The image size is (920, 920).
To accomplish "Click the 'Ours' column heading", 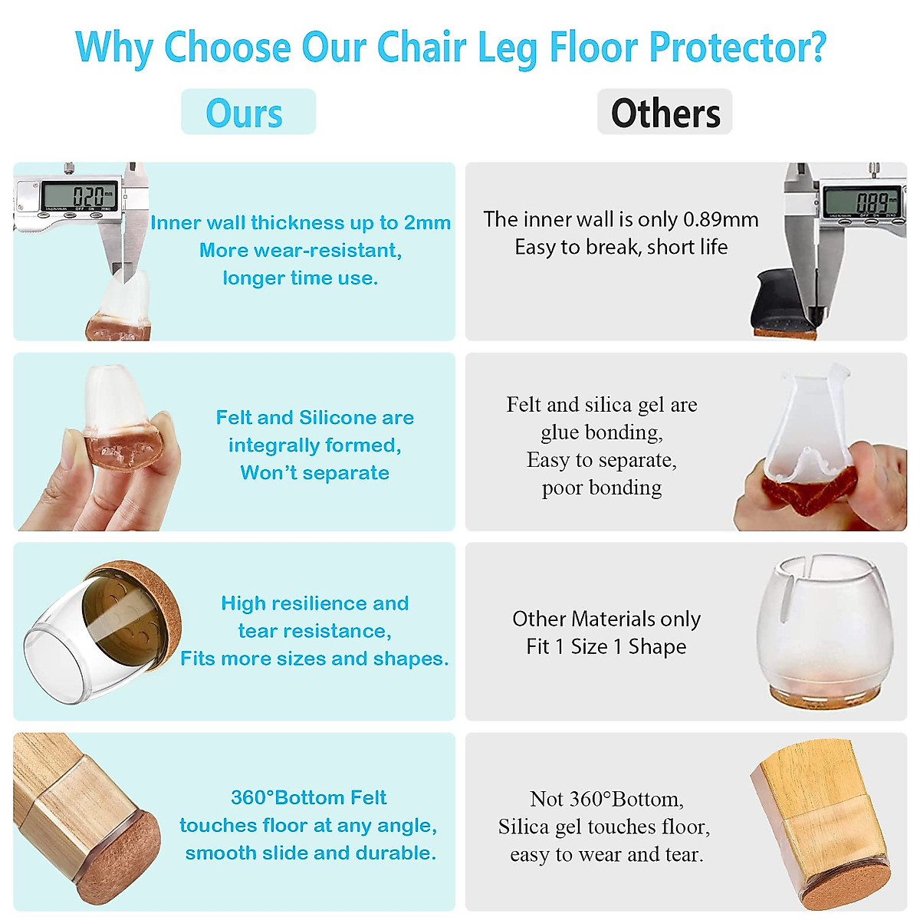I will (245, 113).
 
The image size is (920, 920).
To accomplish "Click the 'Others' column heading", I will (665, 113).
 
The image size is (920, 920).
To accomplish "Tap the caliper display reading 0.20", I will (80, 195).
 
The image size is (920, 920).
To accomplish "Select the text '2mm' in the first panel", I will (427, 223).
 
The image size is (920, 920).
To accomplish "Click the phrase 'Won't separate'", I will (315, 473).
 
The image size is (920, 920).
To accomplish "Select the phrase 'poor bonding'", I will (602, 488).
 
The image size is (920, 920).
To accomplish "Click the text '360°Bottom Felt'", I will (309, 798).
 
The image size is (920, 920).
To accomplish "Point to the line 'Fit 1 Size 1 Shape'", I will (606, 647).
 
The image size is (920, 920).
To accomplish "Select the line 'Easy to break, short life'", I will (621, 248).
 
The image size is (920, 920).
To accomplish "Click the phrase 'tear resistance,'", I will (315, 631).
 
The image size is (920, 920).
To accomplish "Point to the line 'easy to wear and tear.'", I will (606, 855).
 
